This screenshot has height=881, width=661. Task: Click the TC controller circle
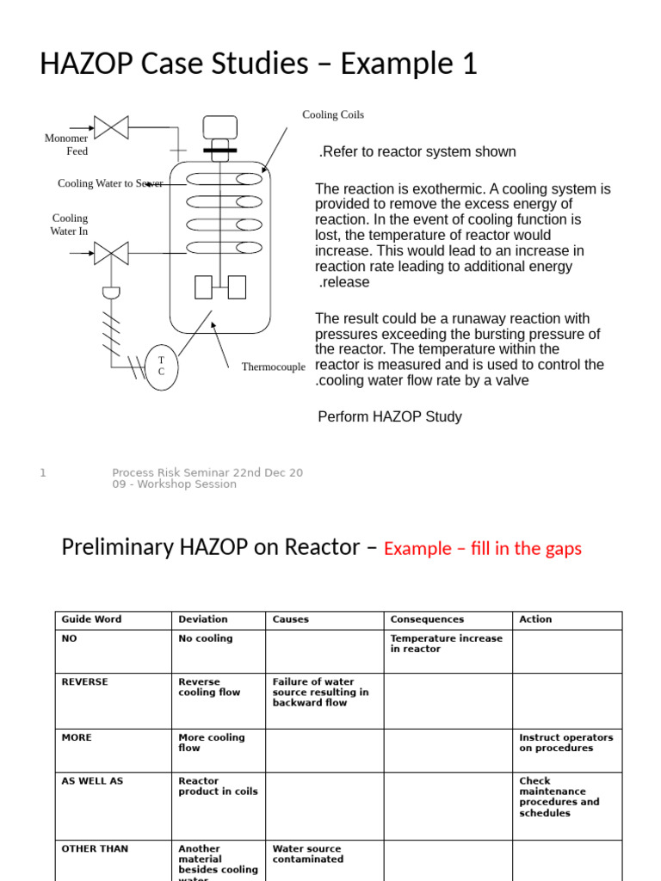(x=161, y=366)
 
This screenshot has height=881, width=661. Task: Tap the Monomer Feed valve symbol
(x=111, y=127)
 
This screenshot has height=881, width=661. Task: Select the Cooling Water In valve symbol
(x=111, y=253)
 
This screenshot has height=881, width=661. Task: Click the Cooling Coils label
(x=332, y=115)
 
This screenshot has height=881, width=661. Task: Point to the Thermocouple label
(x=273, y=367)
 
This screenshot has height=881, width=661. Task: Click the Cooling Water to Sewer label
(x=110, y=183)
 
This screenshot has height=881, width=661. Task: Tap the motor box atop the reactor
(x=219, y=126)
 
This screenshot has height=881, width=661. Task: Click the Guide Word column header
(x=91, y=619)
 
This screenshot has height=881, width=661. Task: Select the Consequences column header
(x=426, y=619)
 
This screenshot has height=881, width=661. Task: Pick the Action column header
(x=535, y=619)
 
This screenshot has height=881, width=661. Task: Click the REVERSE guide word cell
(x=84, y=682)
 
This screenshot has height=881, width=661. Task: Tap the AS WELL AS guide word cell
(x=92, y=781)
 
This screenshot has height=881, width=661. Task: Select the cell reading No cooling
(x=205, y=639)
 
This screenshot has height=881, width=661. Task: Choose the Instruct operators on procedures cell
(x=565, y=742)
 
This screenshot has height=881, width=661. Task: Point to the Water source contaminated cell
(x=307, y=853)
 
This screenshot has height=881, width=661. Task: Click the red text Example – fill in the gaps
(x=482, y=549)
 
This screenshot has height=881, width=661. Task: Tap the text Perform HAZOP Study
(x=390, y=416)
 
